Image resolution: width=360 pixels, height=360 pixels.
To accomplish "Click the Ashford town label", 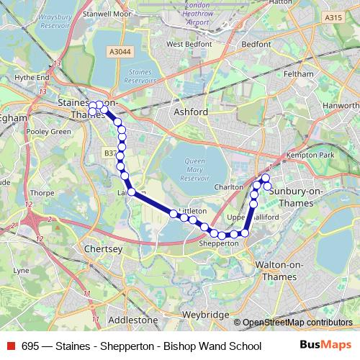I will (191, 112).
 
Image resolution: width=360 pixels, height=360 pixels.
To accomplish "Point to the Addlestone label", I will (132, 319).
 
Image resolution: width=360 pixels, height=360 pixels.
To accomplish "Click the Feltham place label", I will (298, 74).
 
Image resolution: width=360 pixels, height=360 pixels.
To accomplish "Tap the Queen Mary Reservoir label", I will (195, 168).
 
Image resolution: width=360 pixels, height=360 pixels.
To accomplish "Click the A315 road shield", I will (333, 17).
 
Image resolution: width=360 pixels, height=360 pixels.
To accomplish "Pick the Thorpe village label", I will (42, 193).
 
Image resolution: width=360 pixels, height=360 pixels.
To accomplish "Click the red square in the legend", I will (11, 346).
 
